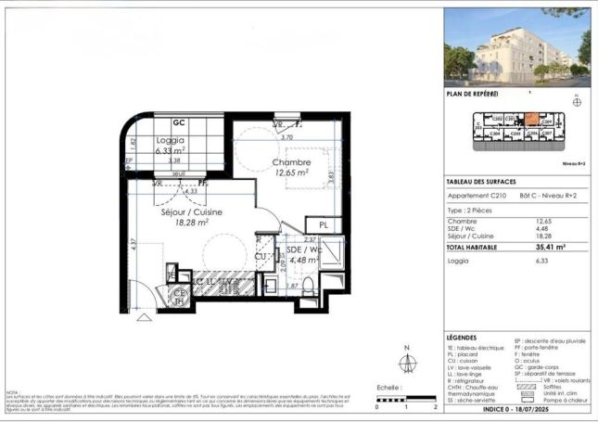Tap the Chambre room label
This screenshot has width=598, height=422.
290,161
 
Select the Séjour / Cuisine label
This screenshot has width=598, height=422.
184,211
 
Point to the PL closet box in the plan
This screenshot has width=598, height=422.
324,225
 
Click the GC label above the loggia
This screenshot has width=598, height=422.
178,122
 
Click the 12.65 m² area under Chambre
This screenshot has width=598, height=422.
290,172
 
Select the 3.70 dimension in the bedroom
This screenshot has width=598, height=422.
286,137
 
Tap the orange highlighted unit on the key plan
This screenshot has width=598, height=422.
532,120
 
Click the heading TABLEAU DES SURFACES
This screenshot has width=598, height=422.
481,182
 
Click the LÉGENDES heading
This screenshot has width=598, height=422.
464,338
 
